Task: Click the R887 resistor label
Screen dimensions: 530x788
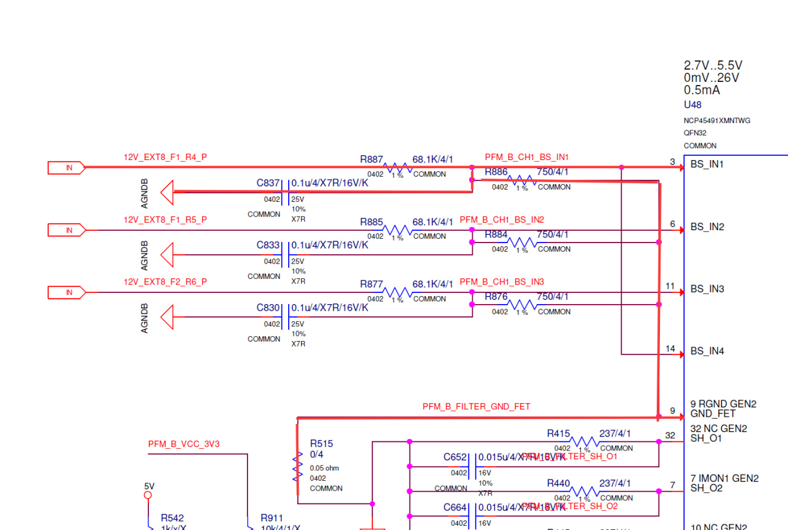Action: click(x=372, y=159)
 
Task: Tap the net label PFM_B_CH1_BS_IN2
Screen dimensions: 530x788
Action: click(x=502, y=220)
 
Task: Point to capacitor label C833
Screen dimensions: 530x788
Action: click(x=268, y=245)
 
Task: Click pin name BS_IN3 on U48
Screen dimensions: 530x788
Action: click(x=707, y=289)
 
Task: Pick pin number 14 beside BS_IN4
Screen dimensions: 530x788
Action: click(x=670, y=349)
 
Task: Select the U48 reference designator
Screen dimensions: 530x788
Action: click(x=693, y=105)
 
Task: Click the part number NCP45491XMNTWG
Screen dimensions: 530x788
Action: click(x=717, y=121)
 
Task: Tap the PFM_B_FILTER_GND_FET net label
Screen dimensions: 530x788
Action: click(x=476, y=407)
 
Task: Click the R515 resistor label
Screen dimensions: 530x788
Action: click(x=321, y=443)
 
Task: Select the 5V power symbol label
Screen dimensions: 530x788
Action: click(x=149, y=486)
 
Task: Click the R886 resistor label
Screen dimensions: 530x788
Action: click(x=496, y=172)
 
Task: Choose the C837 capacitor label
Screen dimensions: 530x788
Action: click(x=268, y=183)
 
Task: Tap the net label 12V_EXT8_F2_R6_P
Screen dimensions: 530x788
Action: click(x=165, y=282)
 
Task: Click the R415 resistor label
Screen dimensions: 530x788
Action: click(x=558, y=433)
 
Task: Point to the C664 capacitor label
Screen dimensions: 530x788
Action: click(x=455, y=507)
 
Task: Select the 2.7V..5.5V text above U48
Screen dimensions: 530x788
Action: click(x=713, y=65)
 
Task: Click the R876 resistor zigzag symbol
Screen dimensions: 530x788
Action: click(x=521, y=305)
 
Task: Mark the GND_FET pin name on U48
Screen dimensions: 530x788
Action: click(x=712, y=414)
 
